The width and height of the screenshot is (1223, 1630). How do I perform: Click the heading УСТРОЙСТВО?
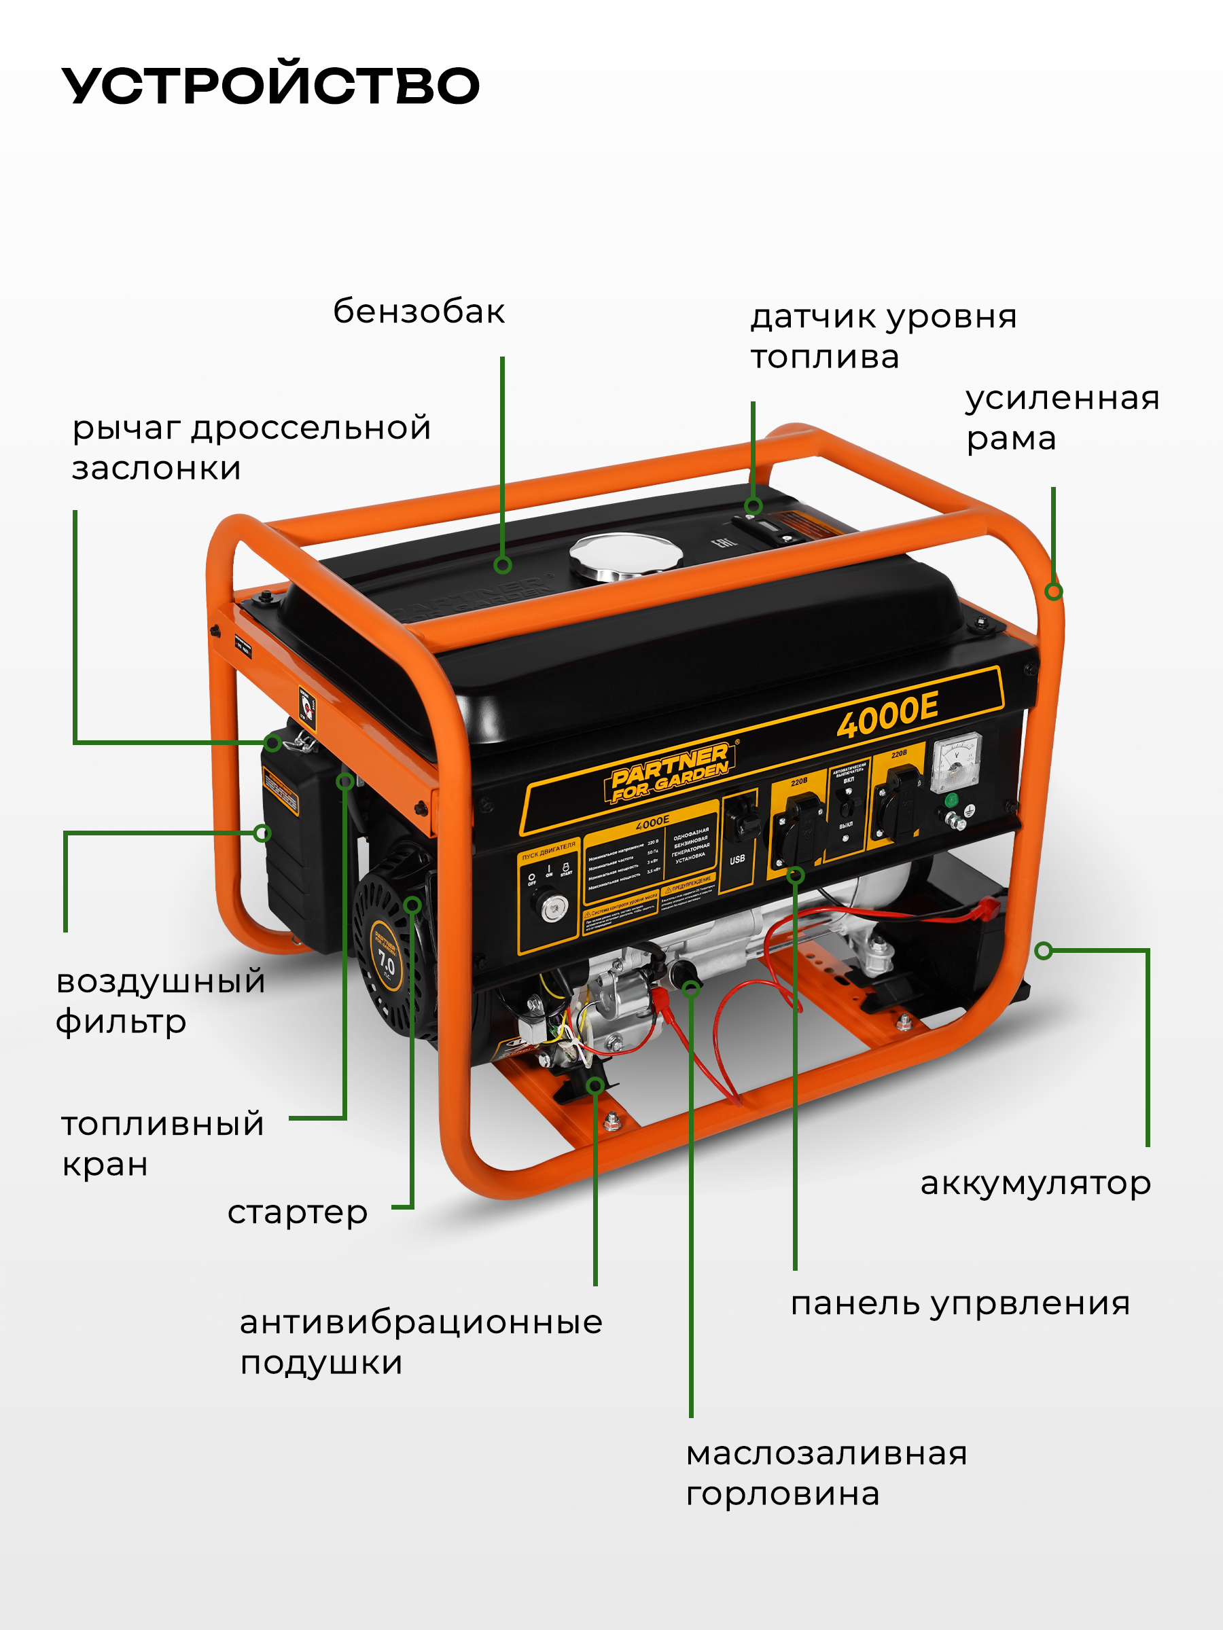click(270, 86)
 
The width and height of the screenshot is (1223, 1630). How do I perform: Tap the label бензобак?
click(419, 312)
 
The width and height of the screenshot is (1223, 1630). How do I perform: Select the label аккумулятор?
click(1035, 1183)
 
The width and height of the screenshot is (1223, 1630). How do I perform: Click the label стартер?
click(297, 1212)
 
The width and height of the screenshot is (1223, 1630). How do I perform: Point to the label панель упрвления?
click(960, 1303)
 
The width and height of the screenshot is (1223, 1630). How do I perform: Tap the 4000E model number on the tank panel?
click(887, 714)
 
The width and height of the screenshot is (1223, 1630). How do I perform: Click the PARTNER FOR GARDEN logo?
click(669, 772)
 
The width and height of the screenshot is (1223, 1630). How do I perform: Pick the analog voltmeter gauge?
click(956, 762)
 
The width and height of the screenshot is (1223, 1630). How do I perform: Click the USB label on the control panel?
click(737, 859)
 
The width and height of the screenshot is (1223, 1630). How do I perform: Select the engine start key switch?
click(554, 908)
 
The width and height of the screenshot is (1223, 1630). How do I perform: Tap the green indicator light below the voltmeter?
click(951, 800)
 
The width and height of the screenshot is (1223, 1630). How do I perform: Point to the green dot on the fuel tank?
click(503, 565)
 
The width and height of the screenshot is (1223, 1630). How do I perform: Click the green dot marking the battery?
click(1043, 951)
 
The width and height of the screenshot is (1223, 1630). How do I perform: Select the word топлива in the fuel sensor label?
click(824, 358)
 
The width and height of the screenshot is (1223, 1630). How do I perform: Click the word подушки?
click(321, 1363)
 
